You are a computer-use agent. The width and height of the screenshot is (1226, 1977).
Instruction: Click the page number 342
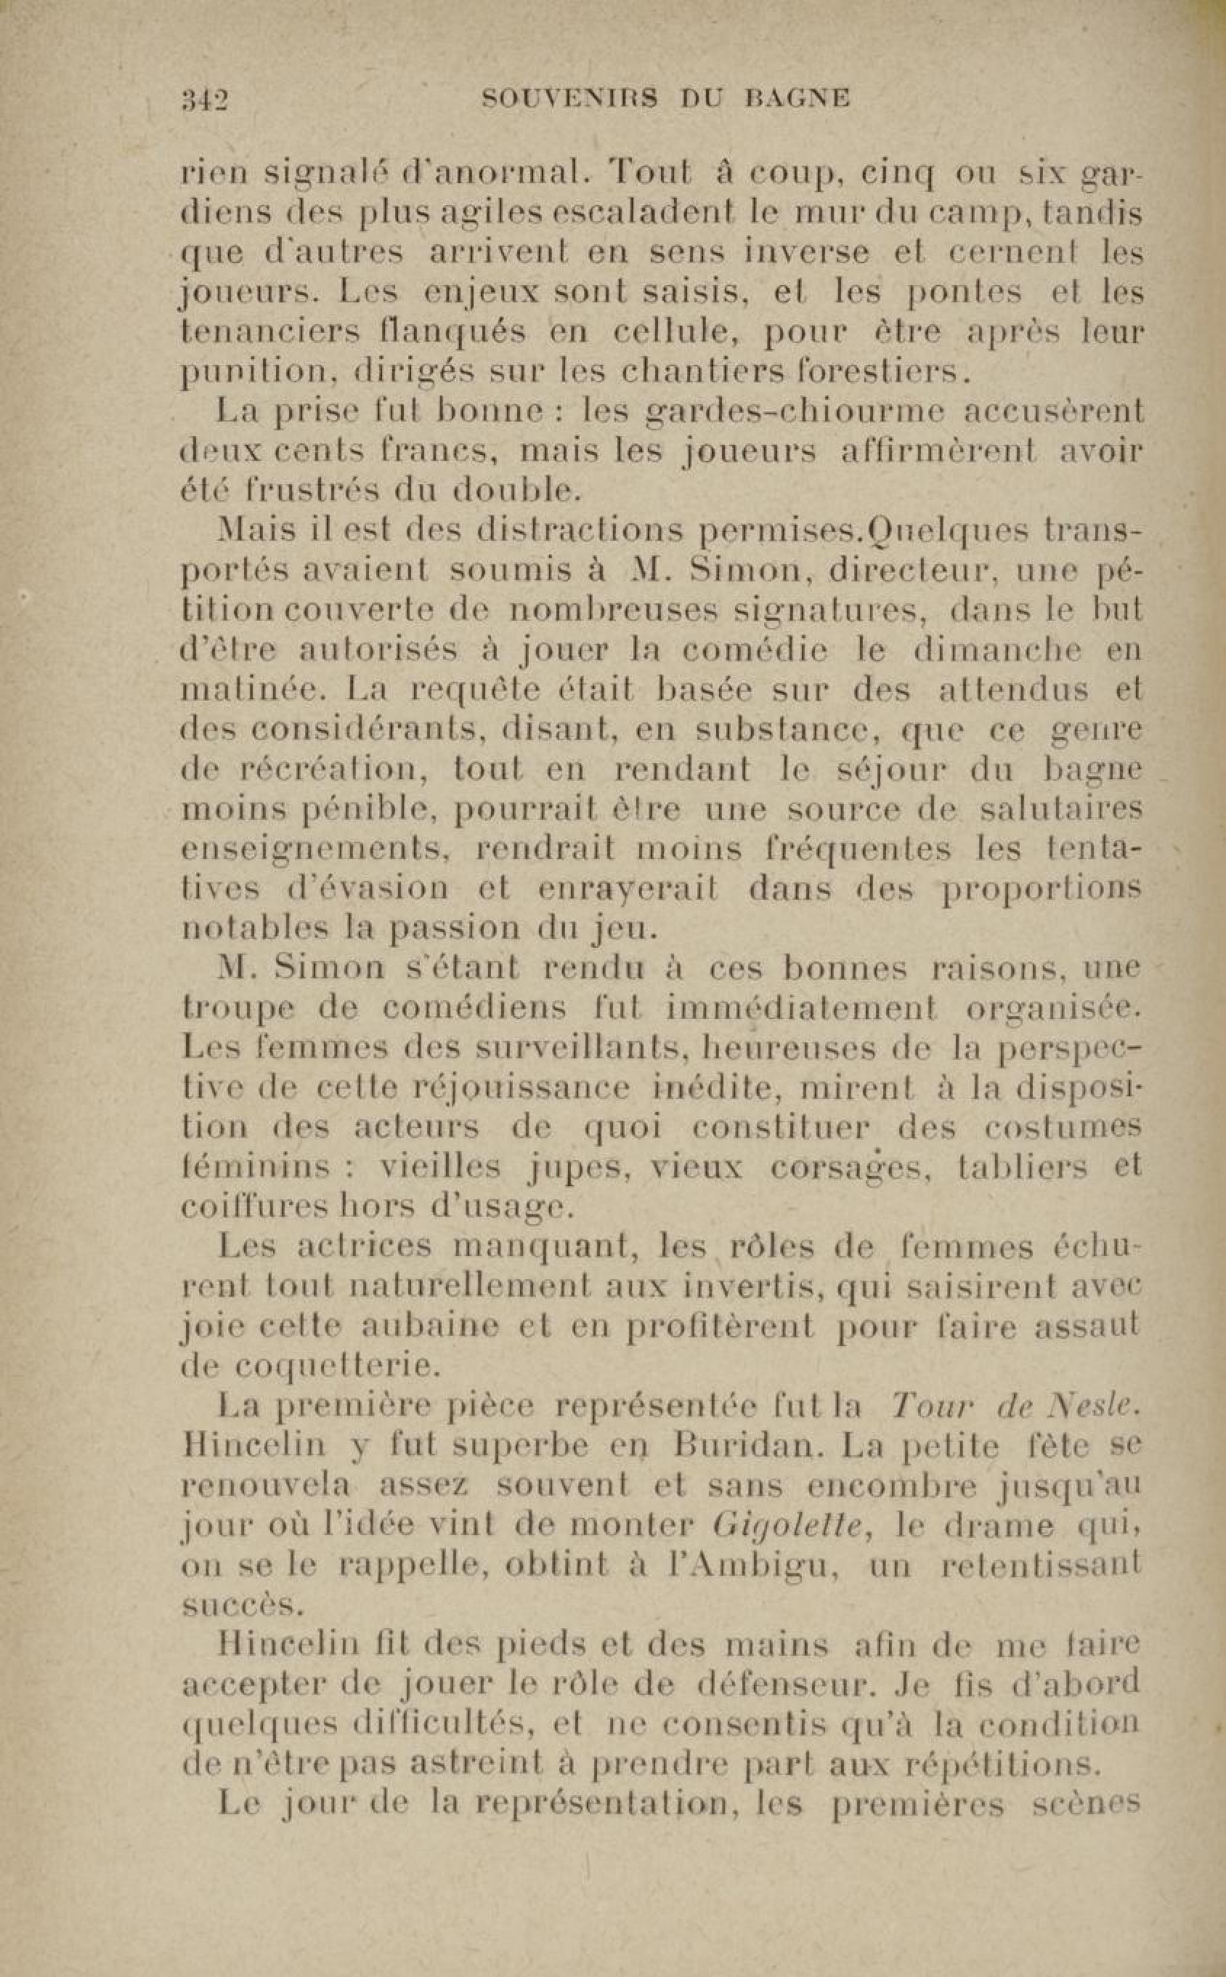pyautogui.click(x=204, y=100)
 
